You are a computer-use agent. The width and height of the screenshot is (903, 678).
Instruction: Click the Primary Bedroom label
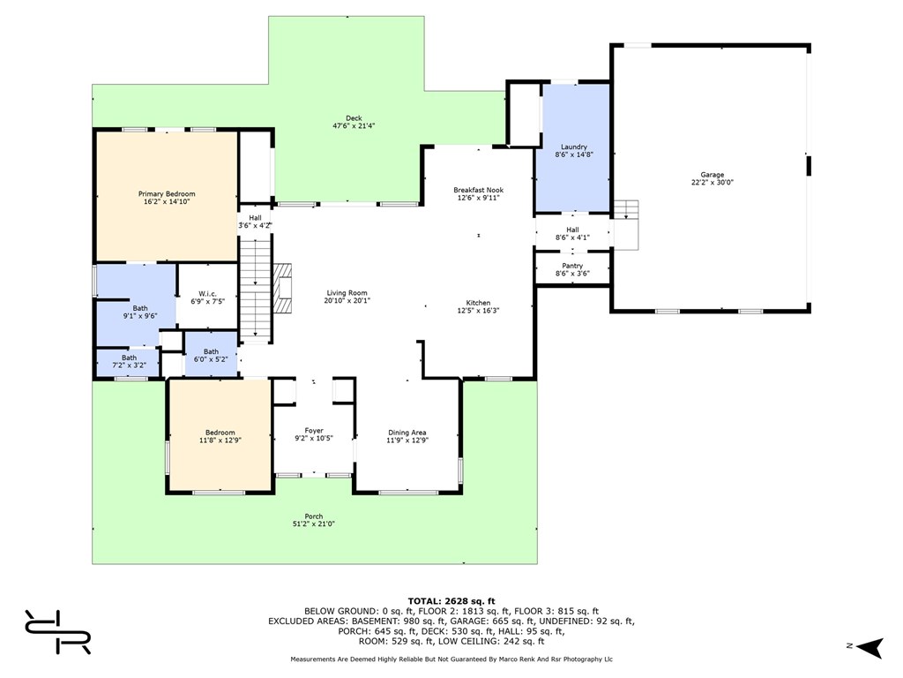pos(167,193)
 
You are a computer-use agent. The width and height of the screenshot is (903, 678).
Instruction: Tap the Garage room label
pos(713,175)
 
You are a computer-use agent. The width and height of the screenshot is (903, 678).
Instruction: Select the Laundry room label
pos(573,147)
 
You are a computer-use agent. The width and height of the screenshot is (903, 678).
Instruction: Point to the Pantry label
pos(572,266)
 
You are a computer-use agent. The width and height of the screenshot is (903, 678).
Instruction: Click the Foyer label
pos(314,431)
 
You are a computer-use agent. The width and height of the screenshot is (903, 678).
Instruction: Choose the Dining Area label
pos(407,433)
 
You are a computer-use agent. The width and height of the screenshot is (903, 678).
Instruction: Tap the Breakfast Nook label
pos(479,190)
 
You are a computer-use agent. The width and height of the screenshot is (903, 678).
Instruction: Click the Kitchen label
pos(478,303)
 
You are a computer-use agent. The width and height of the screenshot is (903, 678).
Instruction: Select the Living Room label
pos(347,293)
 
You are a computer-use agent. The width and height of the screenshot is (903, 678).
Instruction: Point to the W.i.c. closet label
pos(207,293)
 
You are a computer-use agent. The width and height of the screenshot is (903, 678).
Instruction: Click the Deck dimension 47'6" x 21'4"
pos(354,125)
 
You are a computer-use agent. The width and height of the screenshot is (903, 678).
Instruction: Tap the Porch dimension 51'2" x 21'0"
pos(314,524)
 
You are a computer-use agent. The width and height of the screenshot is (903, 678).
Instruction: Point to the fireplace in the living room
pos(282,289)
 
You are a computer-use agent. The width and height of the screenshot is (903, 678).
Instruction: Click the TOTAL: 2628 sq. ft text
pos(451,601)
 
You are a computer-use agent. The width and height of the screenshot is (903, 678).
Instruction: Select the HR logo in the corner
pos(57,632)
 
